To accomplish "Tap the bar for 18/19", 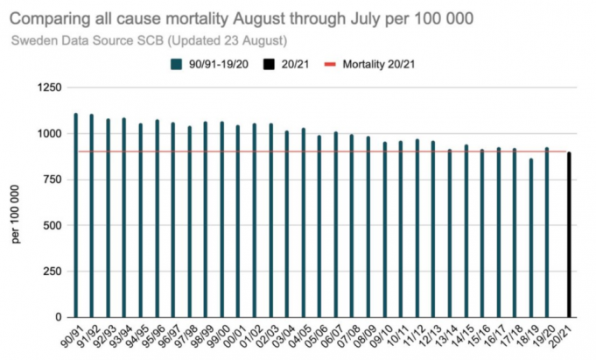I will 530,237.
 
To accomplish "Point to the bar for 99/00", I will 221,219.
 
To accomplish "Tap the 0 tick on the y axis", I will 58,316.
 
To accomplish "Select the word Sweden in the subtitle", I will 33,39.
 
